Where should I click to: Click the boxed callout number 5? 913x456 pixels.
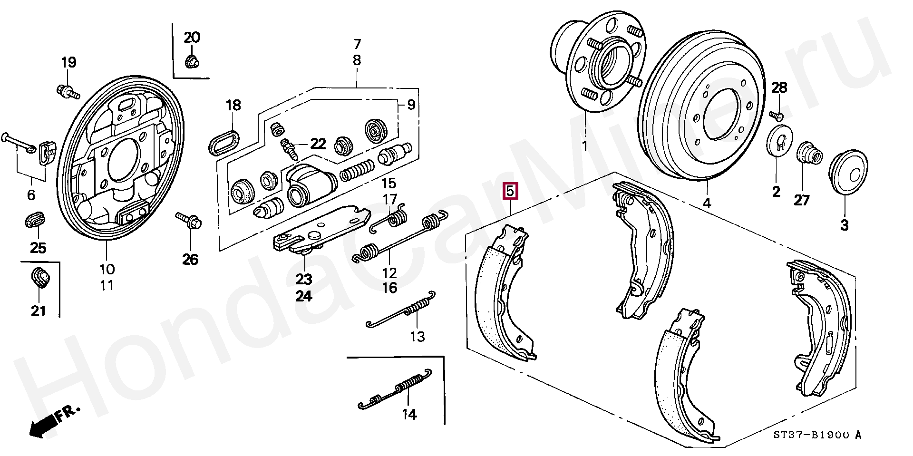click(x=510, y=192)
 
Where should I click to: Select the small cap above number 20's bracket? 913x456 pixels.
click(x=192, y=61)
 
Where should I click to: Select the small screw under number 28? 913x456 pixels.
click(x=777, y=115)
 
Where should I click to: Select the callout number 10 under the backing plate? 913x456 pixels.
click(x=107, y=270)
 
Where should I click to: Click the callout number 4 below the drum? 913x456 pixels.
click(x=707, y=204)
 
